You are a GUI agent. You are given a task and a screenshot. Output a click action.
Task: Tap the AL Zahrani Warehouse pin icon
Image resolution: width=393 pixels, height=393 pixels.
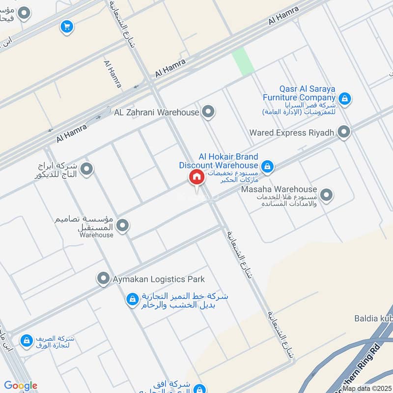click(x=209, y=112)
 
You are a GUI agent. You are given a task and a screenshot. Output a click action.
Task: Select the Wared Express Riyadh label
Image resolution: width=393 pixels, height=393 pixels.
click(x=292, y=132)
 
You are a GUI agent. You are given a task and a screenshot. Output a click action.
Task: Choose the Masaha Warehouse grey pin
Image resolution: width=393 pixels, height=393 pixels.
click(x=326, y=195)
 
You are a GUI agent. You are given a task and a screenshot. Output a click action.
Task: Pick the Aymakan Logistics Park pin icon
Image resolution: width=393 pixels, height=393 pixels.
click(x=103, y=279)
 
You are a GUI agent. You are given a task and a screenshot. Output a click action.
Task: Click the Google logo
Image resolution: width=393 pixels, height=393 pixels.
click(x=21, y=386)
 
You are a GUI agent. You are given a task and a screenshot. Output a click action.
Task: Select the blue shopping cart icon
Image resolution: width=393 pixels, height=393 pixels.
click(x=67, y=27)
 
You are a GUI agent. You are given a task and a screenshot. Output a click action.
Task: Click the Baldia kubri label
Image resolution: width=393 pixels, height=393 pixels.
click(x=373, y=318)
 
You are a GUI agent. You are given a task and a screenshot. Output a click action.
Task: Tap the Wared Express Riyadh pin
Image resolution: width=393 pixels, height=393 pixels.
click(x=344, y=132)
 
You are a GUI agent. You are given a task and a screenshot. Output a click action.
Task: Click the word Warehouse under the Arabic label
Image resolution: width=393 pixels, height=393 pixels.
click(x=97, y=235)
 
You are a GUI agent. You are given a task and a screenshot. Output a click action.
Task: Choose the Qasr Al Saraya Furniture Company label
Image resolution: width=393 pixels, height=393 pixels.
click(x=307, y=93)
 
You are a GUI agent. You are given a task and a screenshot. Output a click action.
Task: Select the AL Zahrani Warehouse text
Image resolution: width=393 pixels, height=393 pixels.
click(x=156, y=112)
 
